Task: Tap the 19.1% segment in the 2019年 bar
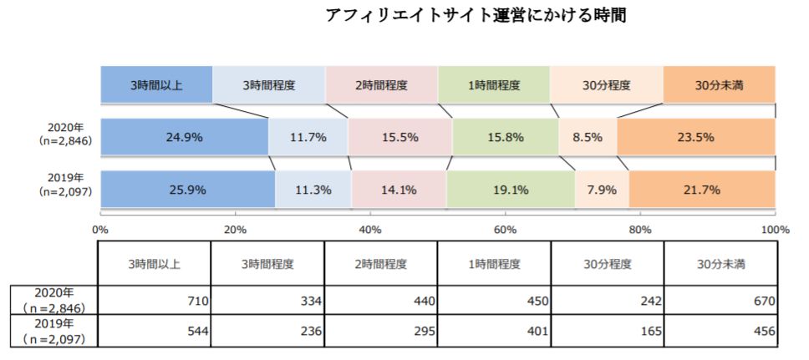(511, 190)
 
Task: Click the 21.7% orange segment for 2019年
(702, 190)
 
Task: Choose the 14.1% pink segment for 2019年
(399, 190)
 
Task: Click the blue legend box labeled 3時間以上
(156, 85)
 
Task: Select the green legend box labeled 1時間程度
(493, 85)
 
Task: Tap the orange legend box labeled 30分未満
(719, 85)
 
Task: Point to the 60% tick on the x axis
(505, 229)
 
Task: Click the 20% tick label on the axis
(235, 229)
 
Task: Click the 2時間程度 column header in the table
(380, 264)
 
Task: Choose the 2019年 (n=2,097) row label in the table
(53, 331)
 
